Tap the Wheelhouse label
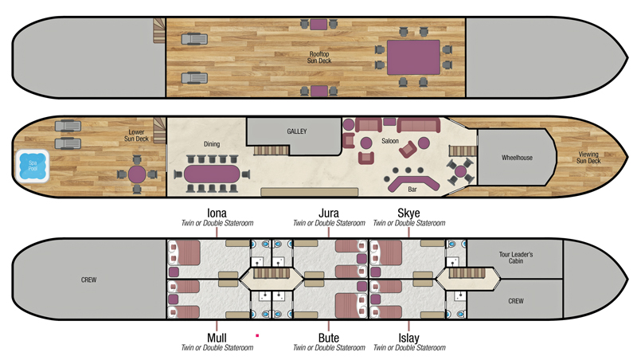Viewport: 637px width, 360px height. point(517,158)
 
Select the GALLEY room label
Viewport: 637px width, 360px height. point(297,131)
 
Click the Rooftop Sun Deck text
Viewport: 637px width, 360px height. point(318,57)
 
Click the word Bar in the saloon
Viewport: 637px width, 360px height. point(412,190)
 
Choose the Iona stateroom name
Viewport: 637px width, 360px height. point(217,213)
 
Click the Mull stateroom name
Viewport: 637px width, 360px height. point(217,338)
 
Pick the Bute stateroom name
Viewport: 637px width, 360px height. point(329,338)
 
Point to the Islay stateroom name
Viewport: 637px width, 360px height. point(408,338)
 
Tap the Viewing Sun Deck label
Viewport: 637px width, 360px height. point(589,158)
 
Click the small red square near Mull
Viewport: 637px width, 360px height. point(257,336)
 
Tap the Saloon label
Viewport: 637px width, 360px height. point(390,141)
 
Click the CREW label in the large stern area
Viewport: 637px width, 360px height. point(90,280)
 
